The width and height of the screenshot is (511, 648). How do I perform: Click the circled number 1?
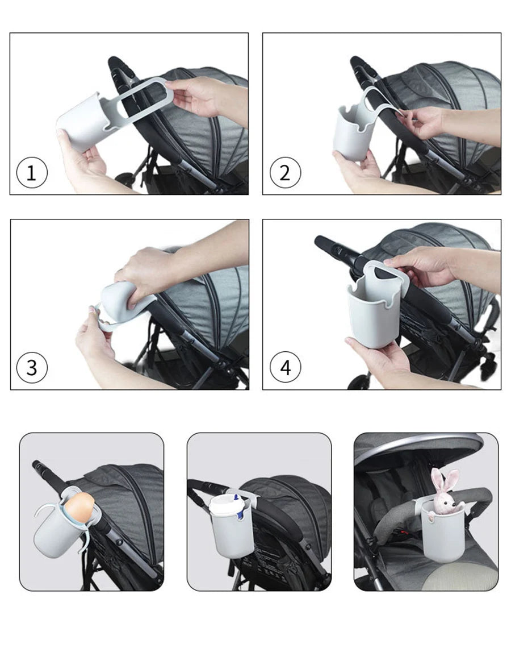pyautogui.click(x=32, y=173)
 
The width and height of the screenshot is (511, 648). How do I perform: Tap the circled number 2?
pyautogui.click(x=285, y=173)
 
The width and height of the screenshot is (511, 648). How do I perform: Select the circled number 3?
pyautogui.click(x=32, y=367)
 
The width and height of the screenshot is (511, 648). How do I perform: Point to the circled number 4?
pyautogui.click(x=285, y=367)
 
